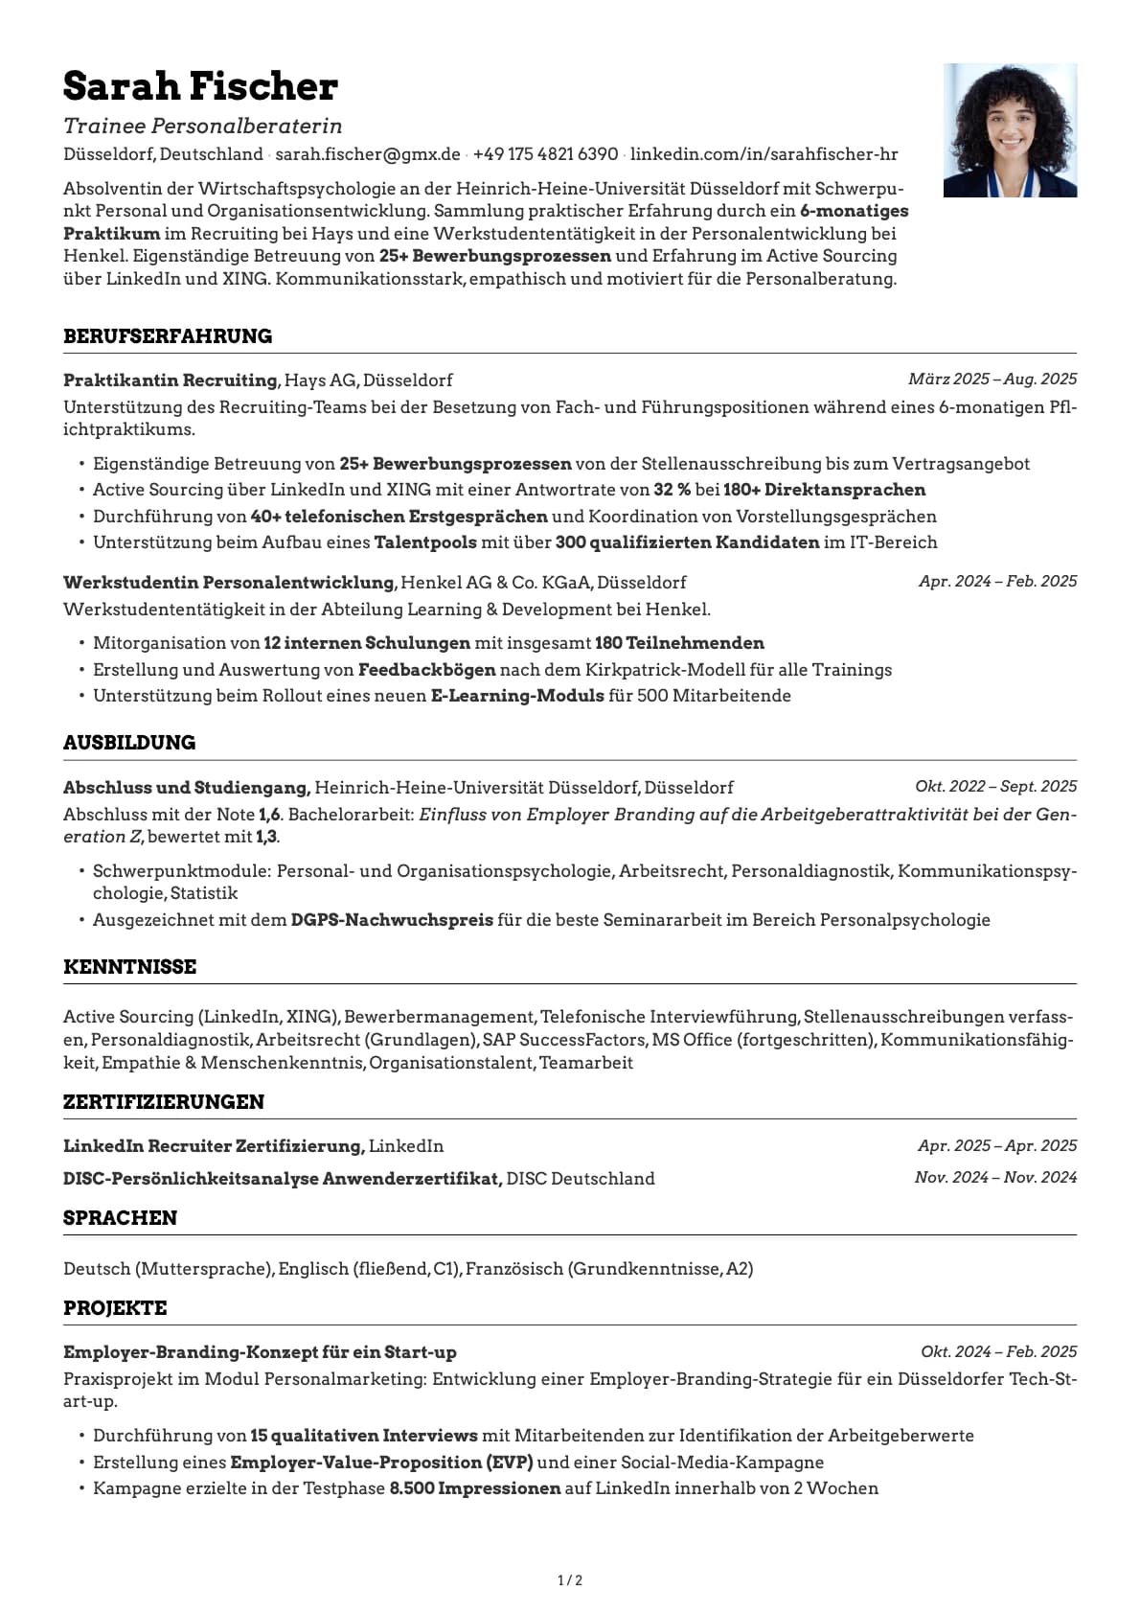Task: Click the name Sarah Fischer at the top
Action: tap(200, 87)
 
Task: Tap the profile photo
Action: tap(1010, 130)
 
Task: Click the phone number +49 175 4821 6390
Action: tap(545, 154)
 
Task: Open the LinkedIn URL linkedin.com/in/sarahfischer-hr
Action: tap(764, 154)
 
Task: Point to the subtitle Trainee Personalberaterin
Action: tap(202, 127)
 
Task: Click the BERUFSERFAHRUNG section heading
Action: tap(168, 336)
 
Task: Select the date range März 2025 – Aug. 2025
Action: tap(992, 380)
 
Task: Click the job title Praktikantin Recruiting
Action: tap(170, 380)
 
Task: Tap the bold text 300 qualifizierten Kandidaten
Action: tap(687, 542)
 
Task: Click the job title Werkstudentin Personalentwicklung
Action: tap(228, 583)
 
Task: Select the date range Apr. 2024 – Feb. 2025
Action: tap(997, 582)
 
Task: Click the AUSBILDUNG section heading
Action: tap(129, 743)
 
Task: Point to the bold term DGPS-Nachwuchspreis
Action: tap(392, 920)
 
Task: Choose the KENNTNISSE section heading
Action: tap(129, 967)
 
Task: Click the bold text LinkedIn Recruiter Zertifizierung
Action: tap(213, 1146)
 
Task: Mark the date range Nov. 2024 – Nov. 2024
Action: tap(995, 1178)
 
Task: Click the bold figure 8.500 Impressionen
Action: tap(474, 1488)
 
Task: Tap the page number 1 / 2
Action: tap(570, 1580)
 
